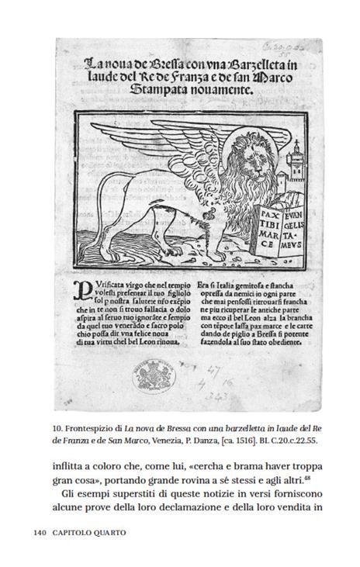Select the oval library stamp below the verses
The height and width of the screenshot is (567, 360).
point(156,378)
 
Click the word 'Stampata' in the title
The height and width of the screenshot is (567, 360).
point(153,89)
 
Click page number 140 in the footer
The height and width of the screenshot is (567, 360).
point(42,533)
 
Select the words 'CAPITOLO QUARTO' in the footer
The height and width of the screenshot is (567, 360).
point(91,533)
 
